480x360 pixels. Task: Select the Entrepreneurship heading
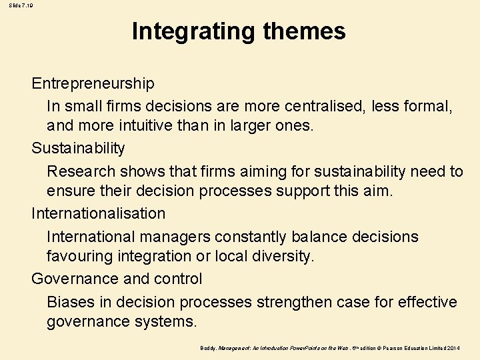93,83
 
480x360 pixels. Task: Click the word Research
79,171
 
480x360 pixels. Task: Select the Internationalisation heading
98,213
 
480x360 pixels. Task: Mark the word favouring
78,256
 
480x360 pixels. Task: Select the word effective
427,302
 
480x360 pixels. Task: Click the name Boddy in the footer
208,348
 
